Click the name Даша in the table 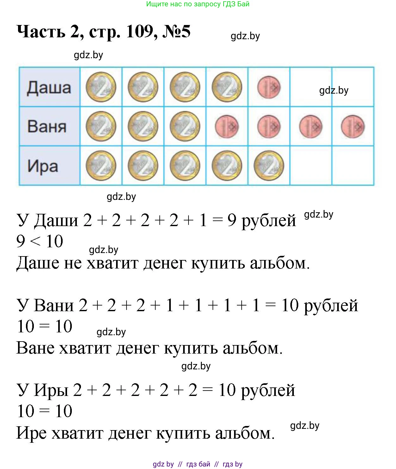pyautogui.click(x=49, y=88)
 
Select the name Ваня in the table pyautogui.click(x=47, y=127)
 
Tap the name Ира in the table pyautogui.click(x=43, y=167)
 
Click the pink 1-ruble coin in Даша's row pyautogui.click(x=269, y=87)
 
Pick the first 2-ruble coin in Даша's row pyautogui.click(x=101, y=87)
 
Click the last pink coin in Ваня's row pyautogui.click(x=353, y=127)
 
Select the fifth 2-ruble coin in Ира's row pyautogui.click(x=269, y=166)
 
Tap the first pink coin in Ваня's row pyautogui.click(x=227, y=127)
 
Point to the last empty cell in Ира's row pyautogui.click(x=353, y=165)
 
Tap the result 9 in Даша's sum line pyautogui.click(x=232, y=220)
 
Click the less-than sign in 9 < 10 pyautogui.click(x=35, y=242)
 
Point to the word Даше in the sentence pyautogui.click(x=38, y=263)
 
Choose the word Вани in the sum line pyautogui.click(x=54, y=305)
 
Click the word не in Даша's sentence pyautogui.click(x=73, y=263)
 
